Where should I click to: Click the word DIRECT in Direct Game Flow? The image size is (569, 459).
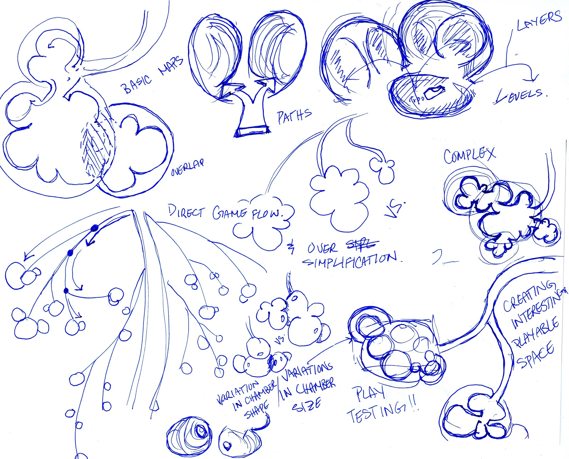[x=186, y=212]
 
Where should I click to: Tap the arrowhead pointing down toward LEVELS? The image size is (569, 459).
[x=534, y=77]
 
